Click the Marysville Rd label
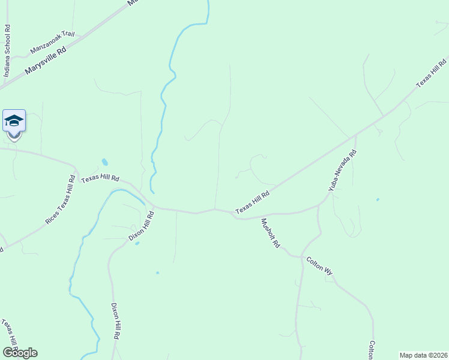click(x=46, y=61)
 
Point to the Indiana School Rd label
click(x=7, y=52)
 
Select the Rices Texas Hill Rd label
click(x=61, y=200)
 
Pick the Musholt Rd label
click(x=270, y=233)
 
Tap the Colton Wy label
click(x=319, y=266)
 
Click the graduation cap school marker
click(x=14, y=122)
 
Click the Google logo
click(x=19, y=353)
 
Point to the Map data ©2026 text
click(x=424, y=355)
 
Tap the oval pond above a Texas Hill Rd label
click(x=105, y=162)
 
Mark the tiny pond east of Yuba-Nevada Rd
click(x=377, y=199)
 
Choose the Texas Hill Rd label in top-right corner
click(x=432, y=73)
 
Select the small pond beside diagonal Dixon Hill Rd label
click(x=137, y=243)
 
